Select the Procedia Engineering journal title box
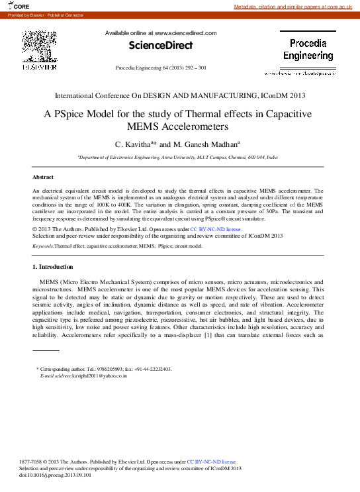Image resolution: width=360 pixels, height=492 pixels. [308, 49]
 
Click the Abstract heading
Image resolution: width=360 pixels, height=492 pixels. [44, 177]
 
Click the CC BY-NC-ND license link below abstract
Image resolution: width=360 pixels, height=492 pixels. [216, 229]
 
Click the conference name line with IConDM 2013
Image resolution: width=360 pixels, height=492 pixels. [180, 95]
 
